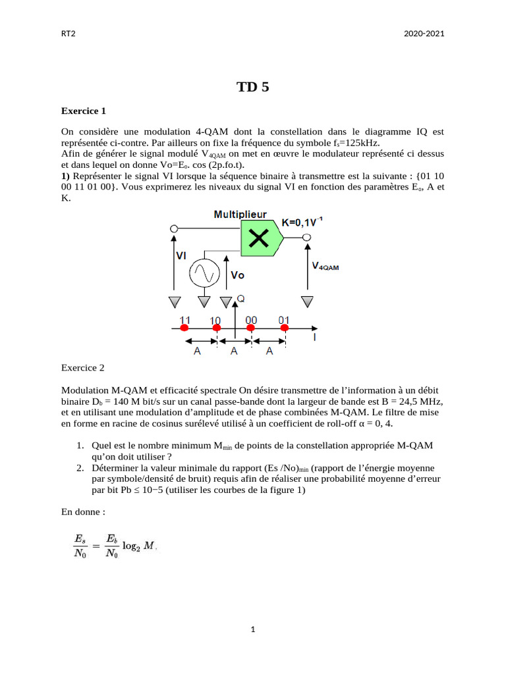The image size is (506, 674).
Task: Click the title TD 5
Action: coord(253,87)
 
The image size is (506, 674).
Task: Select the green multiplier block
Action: coord(261,238)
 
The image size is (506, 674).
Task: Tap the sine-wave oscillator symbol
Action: coord(204,273)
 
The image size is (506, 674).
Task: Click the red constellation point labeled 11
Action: coord(184,327)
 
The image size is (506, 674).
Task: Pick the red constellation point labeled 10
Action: coord(215,327)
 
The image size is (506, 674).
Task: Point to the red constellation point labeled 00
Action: coord(251,327)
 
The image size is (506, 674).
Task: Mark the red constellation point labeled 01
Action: coord(285,327)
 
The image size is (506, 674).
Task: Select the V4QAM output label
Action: coord(325,267)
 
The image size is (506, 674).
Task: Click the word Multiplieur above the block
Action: coord(240,214)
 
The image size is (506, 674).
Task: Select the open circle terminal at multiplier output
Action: coord(306,238)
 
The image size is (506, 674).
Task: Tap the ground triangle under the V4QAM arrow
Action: coord(306,301)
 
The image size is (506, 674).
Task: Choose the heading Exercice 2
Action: coord(82,368)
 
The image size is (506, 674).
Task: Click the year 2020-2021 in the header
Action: coord(424,34)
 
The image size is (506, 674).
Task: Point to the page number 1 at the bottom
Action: coord(253,630)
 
